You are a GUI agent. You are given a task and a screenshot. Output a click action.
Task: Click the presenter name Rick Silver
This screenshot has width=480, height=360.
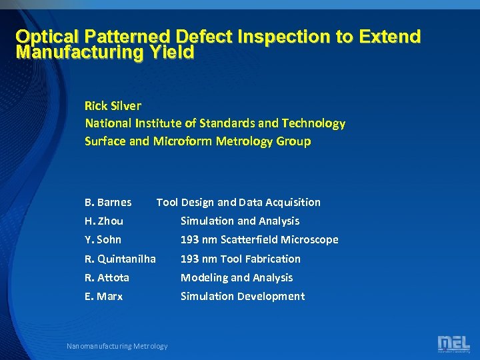pos(113,105)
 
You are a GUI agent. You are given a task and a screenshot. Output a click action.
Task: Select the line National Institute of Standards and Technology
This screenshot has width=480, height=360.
pos(215,123)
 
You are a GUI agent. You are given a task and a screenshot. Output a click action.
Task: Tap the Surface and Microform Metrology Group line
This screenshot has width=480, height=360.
pos(197,141)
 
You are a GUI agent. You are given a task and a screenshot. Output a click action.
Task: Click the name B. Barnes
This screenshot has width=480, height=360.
pos(108,202)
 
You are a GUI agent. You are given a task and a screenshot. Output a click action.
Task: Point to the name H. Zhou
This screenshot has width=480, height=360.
pos(104,221)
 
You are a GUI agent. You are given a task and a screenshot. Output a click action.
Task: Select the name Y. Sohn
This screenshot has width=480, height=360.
pos(103,239)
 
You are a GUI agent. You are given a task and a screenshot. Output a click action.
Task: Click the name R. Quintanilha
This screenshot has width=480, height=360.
pos(120,259)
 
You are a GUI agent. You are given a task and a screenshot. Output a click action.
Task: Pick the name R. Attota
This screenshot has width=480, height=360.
pos(107,277)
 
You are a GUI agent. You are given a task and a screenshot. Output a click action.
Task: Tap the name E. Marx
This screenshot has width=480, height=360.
pos(104,296)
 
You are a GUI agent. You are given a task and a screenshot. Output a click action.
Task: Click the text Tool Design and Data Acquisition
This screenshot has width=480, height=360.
pos(238,202)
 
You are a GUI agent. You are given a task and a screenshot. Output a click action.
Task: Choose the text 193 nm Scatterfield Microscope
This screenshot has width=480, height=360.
pos(259,239)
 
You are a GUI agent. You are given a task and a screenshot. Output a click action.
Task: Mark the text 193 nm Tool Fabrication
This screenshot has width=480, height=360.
pos(241,259)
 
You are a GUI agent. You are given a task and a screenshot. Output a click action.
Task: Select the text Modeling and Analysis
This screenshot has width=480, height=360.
pos(237,277)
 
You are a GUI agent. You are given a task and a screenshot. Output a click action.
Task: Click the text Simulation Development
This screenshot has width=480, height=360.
pos(243,296)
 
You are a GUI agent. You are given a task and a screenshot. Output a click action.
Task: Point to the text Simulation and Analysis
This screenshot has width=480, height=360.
pos(240,221)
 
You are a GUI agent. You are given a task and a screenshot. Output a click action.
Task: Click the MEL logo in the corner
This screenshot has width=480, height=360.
pos(453,344)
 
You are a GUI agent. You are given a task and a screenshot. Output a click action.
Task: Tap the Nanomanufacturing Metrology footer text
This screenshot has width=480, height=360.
pos(117,345)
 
